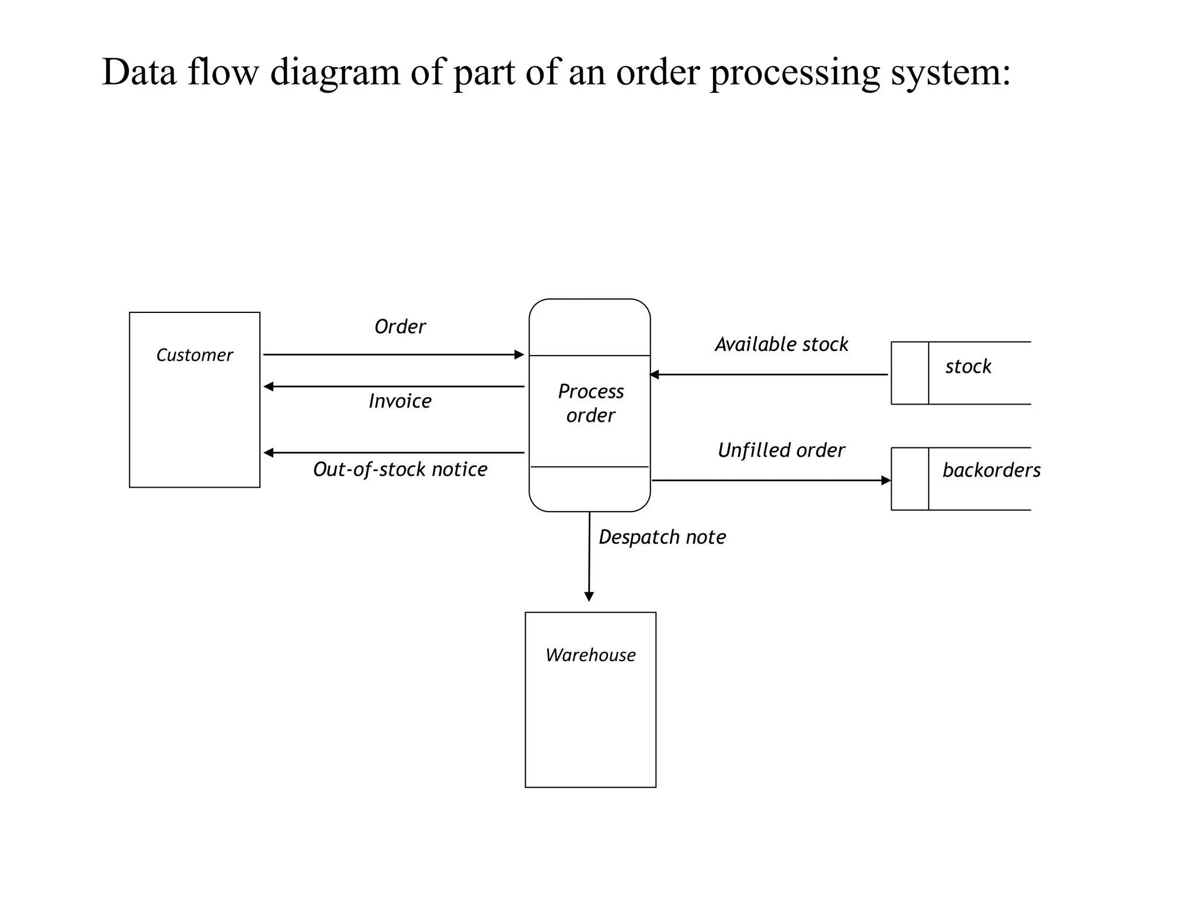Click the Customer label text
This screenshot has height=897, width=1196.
(x=194, y=355)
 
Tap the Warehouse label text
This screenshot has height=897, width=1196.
(x=590, y=655)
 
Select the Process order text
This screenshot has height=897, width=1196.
(x=590, y=403)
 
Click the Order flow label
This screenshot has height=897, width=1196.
(x=400, y=326)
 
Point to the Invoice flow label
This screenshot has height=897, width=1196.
(x=400, y=401)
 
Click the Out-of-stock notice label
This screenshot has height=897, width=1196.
(x=400, y=470)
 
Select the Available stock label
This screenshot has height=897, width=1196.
(x=781, y=345)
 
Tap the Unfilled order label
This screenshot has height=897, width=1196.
(x=781, y=450)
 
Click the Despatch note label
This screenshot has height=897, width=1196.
(x=662, y=537)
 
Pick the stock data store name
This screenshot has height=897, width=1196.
(x=968, y=367)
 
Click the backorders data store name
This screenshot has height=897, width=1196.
(x=991, y=470)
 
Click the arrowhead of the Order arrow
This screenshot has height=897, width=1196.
(x=519, y=354)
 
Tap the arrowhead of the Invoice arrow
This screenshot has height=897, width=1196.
(x=269, y=387)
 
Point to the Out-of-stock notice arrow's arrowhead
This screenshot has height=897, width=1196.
(x=269, y=453)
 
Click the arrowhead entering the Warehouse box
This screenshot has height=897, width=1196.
(x=589, y=596)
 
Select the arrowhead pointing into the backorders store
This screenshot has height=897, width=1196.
(x=886, y=481)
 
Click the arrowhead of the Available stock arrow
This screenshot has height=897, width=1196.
(x=655, y=374)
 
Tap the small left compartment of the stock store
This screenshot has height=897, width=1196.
(x=910, y=373)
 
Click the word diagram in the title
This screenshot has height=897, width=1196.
(x=335, y=72)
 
